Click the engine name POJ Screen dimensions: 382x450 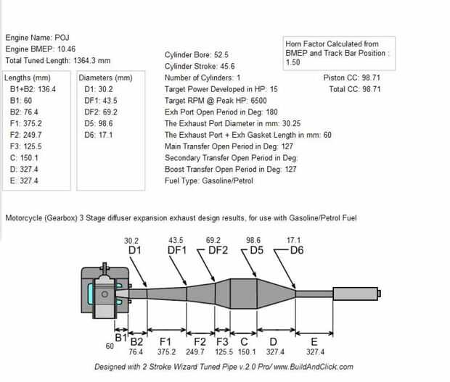point(64,36)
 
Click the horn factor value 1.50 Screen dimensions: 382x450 point(294,63)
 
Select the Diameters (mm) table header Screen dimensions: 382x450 point(105,78)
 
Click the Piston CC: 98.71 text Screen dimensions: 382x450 point(352,78)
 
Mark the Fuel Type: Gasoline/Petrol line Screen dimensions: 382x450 point(209,181)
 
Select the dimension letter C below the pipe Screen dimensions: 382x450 point(243,341)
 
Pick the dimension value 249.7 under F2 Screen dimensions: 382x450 point(197,352)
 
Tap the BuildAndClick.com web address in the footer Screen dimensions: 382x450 point(332,368)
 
